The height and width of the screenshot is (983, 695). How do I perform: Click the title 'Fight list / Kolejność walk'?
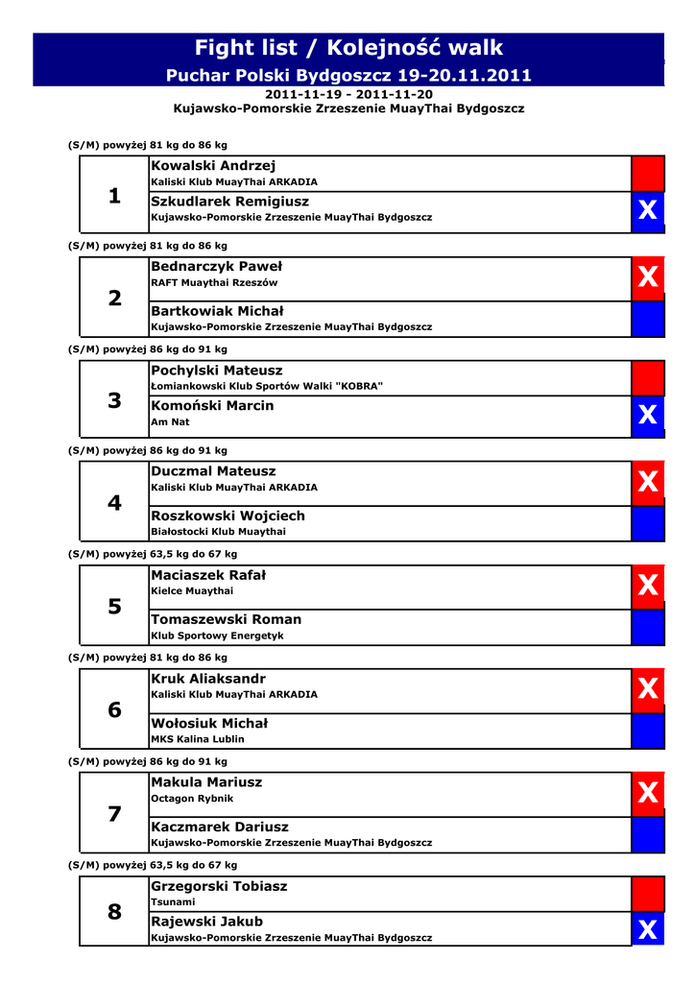(348, 48)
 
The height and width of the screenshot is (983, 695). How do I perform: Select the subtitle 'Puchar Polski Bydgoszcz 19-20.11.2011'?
(348, 75)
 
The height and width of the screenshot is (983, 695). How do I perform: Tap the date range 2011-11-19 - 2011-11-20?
(348, 95)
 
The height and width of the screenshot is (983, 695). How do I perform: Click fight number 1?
(115, 196)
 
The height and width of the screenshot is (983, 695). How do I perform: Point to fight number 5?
(115, 607)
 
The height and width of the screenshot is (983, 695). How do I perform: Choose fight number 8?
(115, 912)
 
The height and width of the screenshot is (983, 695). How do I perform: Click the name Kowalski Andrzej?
(213, 166)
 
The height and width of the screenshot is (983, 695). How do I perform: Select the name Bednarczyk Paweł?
(216, 266)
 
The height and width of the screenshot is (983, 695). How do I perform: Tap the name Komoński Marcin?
(212, 405)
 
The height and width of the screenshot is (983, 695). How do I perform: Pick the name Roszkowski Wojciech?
(228, 515)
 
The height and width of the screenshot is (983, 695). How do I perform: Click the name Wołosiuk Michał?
(209, 723)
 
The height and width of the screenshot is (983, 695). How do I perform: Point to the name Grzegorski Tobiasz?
(219, 886)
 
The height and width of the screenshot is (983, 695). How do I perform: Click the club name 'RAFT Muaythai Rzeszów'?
(214, 283)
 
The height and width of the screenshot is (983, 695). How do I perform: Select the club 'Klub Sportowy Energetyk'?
(217, 635)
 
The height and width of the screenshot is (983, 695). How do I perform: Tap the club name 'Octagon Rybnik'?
(192, 799)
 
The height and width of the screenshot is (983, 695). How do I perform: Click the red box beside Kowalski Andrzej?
(648, 174)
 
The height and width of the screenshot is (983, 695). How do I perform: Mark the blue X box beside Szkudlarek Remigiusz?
(648, 210)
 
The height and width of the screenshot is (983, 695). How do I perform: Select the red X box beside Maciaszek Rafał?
(648, 585)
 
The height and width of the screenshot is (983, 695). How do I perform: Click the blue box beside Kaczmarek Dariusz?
(648, 834)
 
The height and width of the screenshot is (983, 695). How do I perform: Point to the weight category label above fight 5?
(153, 554)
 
